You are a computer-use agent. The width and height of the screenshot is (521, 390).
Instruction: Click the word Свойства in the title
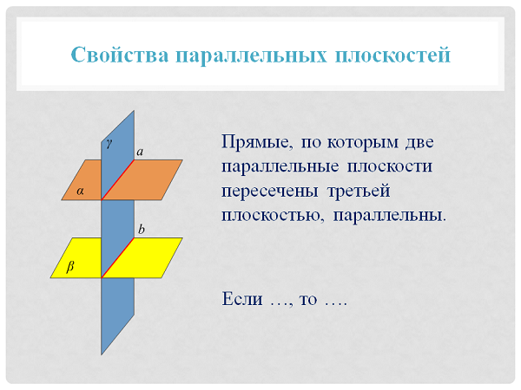point(120,55)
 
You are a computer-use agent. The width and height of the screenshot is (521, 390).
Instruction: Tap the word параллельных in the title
point(251,55)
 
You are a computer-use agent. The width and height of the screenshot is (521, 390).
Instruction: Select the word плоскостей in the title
point(392,55)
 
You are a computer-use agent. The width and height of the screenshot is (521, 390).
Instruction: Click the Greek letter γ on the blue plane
point(109,143)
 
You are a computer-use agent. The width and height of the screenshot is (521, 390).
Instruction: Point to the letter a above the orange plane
point(140,152)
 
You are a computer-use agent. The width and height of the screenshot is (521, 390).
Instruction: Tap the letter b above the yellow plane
point(142,229)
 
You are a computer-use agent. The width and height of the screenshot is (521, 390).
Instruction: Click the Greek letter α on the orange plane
point(80,191)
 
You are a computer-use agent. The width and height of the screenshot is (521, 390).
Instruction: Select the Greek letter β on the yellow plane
point(70,267)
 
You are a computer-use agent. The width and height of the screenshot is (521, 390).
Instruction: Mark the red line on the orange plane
point(117,179)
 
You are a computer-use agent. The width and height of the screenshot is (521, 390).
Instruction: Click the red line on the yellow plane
point(117,257)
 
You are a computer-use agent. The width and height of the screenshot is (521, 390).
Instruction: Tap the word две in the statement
point(419,142)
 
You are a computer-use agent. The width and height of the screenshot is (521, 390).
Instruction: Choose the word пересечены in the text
point(270,192)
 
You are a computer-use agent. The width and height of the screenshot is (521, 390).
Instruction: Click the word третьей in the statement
point(359,191)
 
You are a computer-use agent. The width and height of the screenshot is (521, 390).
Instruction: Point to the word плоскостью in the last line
point(273,216)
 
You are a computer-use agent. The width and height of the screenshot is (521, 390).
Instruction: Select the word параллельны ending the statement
point(389,216)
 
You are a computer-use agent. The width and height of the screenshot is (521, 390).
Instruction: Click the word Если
point(242,298)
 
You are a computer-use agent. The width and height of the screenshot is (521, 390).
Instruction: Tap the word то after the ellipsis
point(308,300)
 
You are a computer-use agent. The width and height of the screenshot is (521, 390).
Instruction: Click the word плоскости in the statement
point(390,166)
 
